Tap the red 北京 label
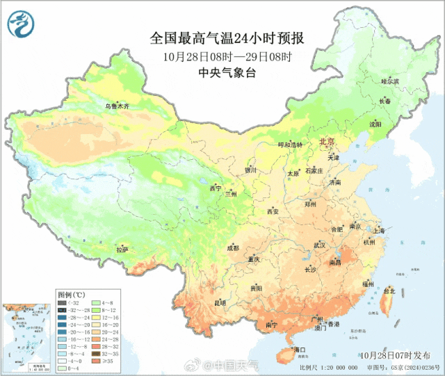(327, 141)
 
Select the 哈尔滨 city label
(391, 81)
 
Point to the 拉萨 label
(122, 250)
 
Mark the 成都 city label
(232, 247)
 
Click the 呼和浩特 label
(291, 145)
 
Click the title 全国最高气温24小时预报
(222, 38)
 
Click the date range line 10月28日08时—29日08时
(222, 56)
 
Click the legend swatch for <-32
(63, 302)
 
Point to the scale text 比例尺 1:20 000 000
(329, 366)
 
